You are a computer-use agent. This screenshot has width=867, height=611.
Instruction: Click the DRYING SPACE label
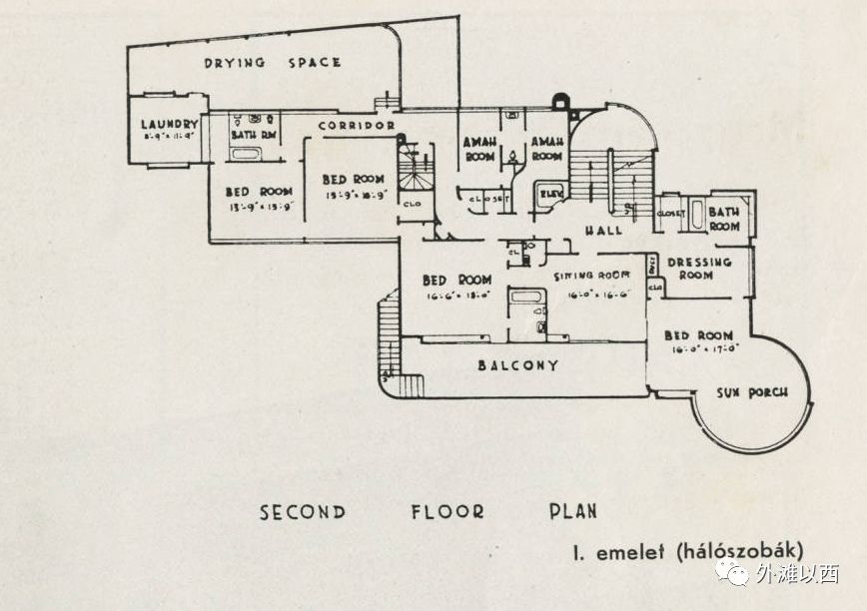pos(273,62)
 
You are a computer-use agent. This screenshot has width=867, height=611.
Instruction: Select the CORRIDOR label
pos(358,126)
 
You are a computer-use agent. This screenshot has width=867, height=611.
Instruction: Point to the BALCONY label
pos(517,365)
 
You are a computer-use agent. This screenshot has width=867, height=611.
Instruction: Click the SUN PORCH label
pos(751,392)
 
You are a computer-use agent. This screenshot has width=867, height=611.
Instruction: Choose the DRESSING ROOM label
pos(699,268)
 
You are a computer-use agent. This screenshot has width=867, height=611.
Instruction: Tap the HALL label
pos(602,230)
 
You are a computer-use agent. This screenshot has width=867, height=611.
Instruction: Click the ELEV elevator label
pos(549,192)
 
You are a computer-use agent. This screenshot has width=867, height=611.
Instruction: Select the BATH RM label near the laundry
pos(253,134)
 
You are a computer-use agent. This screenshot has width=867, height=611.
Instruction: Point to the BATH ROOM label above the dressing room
pos(724,219)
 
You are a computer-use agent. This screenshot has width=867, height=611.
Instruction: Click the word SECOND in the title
pos(303,512)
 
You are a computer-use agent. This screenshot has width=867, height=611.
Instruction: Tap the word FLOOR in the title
pos(447,512)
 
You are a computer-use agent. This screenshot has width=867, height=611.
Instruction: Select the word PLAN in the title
pos(572,512)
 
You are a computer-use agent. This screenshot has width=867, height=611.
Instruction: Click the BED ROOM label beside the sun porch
pos(698,335)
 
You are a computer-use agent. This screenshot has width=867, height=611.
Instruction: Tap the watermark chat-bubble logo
pos(735,572)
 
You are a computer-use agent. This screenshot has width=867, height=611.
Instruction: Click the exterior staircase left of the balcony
pos(389,339)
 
